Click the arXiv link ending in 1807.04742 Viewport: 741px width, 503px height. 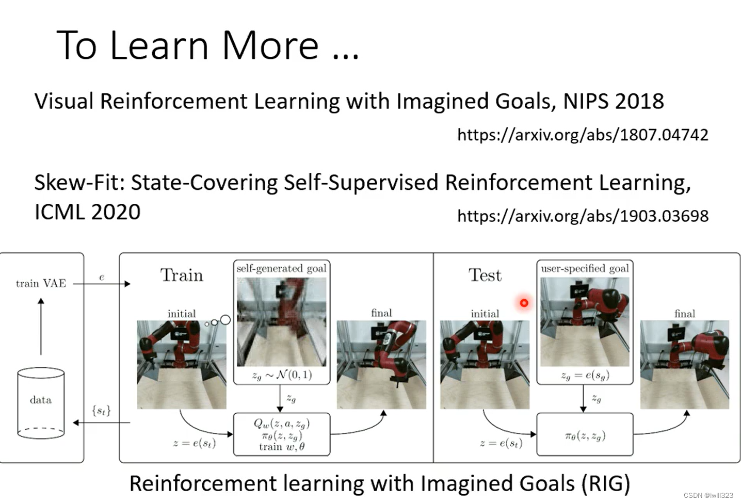click(583, 135)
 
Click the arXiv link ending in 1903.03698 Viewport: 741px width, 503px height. click(583, 216)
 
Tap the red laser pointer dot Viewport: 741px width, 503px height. click(524, 303)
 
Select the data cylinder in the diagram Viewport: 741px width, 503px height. click(41, 403)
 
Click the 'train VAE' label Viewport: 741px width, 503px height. click(41, 283)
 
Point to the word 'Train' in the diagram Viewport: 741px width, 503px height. click(182, 275)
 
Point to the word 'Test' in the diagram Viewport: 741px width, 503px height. click(485, 275)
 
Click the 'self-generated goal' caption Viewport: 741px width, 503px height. click(282, 268)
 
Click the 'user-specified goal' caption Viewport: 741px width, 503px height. click(585, 268)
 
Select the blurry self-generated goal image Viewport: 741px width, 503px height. click(282, 322)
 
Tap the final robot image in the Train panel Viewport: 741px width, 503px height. click(381, 365)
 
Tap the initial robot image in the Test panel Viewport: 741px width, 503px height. click(485, 365)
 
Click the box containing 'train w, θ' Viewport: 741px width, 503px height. click(282, 434)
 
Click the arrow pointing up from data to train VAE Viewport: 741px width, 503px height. click(41, 327)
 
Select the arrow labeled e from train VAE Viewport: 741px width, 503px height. click(102, 284)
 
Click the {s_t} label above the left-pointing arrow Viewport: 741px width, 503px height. click(101, 411)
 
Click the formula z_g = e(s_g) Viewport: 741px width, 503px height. click(585, 376)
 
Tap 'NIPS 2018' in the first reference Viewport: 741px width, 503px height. click(614, 101)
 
